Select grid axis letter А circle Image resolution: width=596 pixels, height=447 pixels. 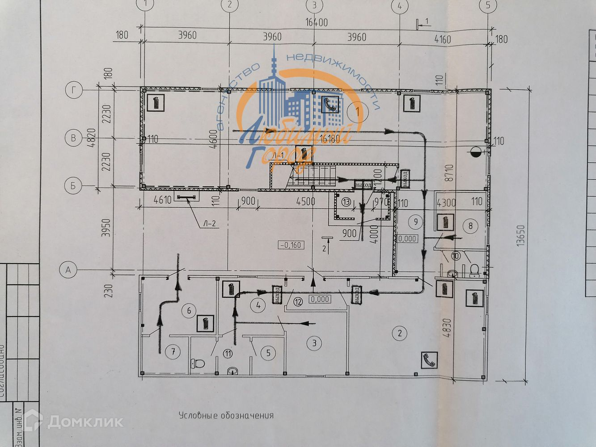click(68, 270)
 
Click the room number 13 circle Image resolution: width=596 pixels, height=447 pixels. click(347, 202)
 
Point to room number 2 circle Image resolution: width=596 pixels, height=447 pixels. click(400, 332)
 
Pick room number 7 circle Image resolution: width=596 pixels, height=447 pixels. click(173, 352)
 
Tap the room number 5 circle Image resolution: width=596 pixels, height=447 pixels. click(268, 353)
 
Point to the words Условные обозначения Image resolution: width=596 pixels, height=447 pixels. click(226, 415)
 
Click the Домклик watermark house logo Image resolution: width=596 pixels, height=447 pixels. click(33, 421)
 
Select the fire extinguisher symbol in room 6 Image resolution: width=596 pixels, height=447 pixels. click(206, 323)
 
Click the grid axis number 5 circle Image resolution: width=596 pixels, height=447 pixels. click(488, 5)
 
